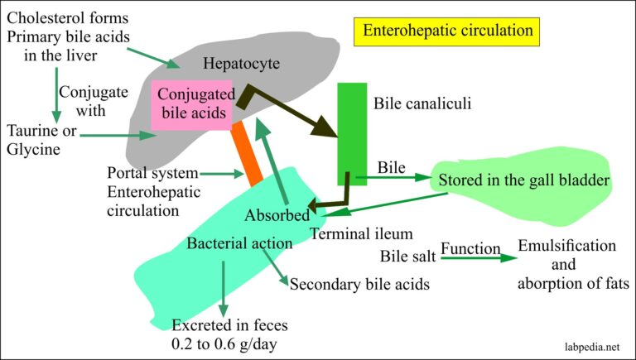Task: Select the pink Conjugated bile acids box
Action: click(x=190, y=104)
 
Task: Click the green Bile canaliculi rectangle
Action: click(x=352, y=132)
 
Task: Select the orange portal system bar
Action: click(x=246, y=154)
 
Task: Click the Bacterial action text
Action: click(x=238, y=244)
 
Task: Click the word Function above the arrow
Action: click(x=470, y=248)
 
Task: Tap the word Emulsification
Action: click(x=566, y=247)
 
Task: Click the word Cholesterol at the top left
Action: click(x=43, y=14)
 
